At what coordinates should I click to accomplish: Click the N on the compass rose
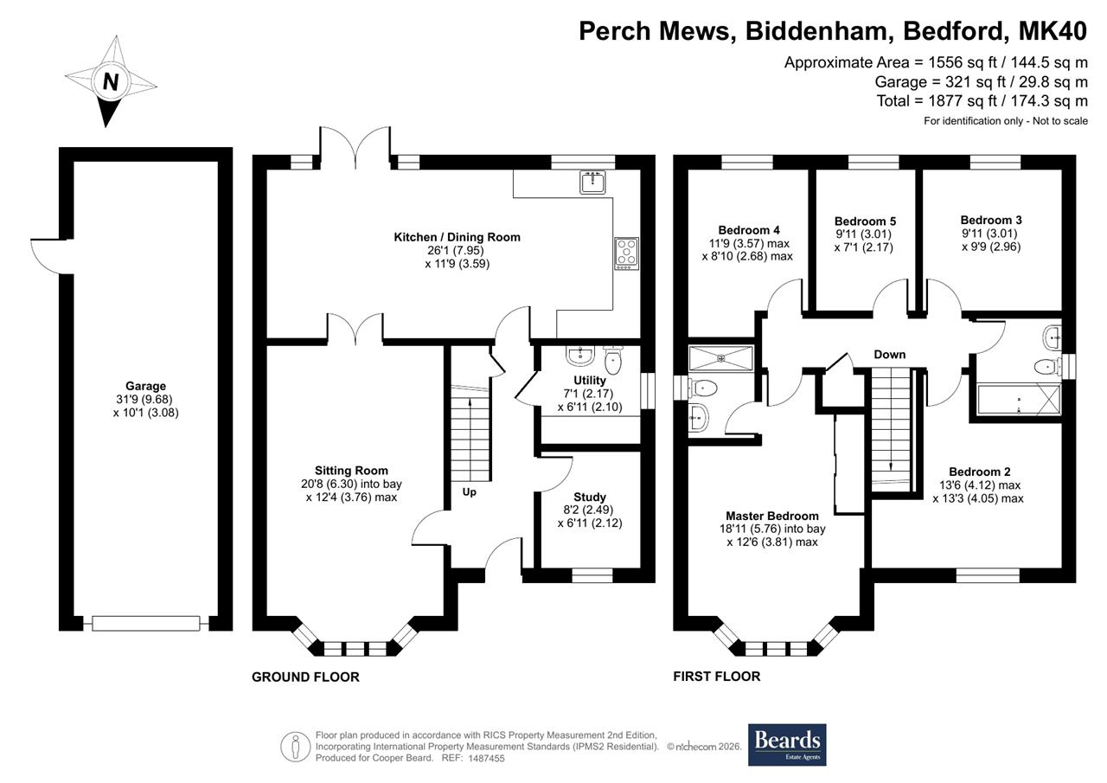[x=111, y=81]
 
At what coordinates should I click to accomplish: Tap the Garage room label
[x=145, y=386]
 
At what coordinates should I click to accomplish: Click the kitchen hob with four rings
[x=627, y=254]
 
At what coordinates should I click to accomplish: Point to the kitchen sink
[x=592, y=182]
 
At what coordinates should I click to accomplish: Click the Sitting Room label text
[x=351, y=471]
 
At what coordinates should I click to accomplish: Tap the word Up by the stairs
[x=469, y=492]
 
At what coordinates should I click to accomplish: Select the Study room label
[x=590, y=497]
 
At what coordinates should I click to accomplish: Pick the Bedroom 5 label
[x=865, y=221]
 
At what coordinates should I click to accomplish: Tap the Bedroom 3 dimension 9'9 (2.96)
[x=991, y=247]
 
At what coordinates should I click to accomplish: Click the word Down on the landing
[x=890, y=355]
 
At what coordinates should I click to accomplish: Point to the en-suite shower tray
[x=721, y=358]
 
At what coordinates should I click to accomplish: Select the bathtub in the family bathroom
[x=1019, y=400]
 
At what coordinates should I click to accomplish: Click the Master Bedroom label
[x=772, y=516]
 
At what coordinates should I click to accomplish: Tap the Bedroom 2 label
[x=980, y=472]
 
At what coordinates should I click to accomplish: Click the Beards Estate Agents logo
[x=787, y=745]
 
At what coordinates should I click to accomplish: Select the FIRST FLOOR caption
[x=717, y=677]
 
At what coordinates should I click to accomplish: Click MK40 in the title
[x=1053, y=30]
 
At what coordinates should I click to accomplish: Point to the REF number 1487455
[x=486, y=758]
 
